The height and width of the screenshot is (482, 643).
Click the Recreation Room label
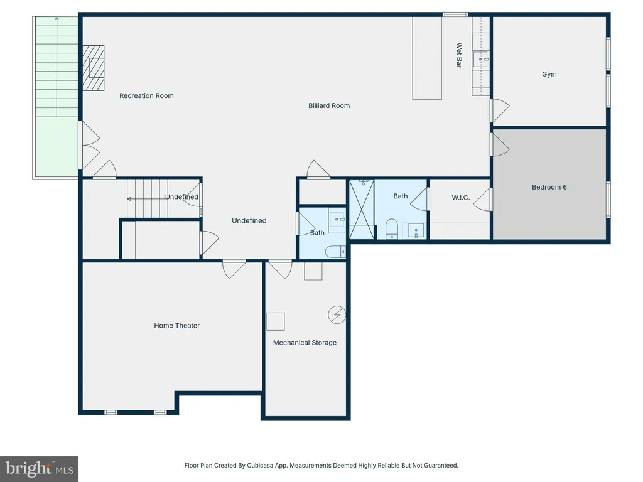pyautogui.click(x=146, y=95)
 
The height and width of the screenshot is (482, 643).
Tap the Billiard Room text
pyautogui.click(x=329, y=105)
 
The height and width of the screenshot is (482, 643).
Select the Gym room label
pyautogui.click(x=549, y=74)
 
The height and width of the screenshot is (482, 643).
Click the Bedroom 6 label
pyautogui.click(x=549, y=187)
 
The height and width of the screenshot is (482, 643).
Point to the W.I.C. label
pyautogui.click(x=460, y=198)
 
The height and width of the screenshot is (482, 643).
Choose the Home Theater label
pyautogui.click(x=176, y=326)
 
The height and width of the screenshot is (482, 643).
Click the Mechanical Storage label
pyautogui.click(x=305, y=343)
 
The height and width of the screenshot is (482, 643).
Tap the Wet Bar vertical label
pyautogui.click(x=459, y=55)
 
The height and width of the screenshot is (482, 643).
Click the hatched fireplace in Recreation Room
pyautogui.click(x=94, y=68)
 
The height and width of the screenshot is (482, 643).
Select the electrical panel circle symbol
pyautogui.click(x=337, y=315)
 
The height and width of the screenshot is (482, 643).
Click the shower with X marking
pyautogui.click(x=361, y=209)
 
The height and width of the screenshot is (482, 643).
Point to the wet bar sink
pyautogui.click(x=480, y=59)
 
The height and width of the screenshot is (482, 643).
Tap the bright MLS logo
pyautogui.click(x=39, y=469)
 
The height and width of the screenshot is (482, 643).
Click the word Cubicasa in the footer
pyautogui.click(x=261, y=466)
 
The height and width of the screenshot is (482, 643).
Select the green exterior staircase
pyautogui.click(x=56, y=97)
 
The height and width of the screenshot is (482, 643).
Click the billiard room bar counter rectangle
pyautogui.click(x=427, y=58)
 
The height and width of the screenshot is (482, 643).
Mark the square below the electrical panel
pyautogui.click(x=276, y=322)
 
